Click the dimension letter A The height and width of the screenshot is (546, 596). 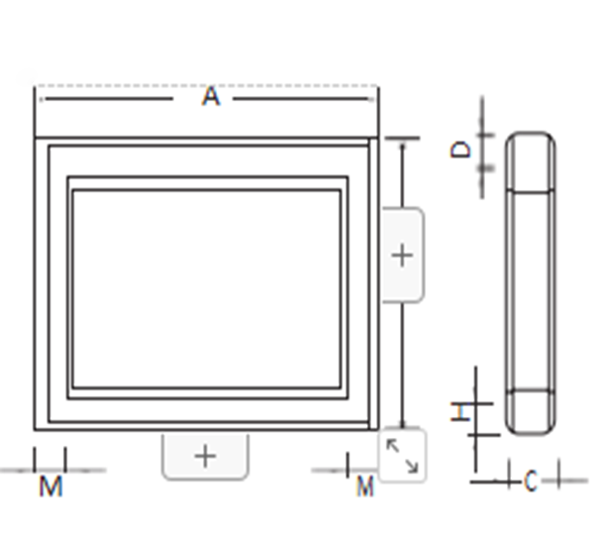click(x=210, y=97)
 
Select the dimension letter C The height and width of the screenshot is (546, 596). click(x=530, y=482)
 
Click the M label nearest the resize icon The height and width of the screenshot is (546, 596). click(x=365, y=486)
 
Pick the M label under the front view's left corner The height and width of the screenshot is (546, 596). click(x=50, y=486)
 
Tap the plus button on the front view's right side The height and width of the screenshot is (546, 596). click(x=401, y=255)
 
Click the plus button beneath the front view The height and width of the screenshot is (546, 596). click(x=205, y=456)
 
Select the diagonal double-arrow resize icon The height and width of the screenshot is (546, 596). click(x=402, y=455)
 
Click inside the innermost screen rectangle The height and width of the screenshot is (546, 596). click(x=206, y=287)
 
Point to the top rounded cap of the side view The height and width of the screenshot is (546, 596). click(x=530, y=161)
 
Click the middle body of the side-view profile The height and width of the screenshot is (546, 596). click(x=530, y=287)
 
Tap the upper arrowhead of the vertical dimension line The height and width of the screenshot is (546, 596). click(x=402, y=146)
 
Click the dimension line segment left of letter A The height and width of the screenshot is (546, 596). click(x=109, y=97)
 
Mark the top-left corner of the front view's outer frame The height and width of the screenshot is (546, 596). click(x=36, y=139)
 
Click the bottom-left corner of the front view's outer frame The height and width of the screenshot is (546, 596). click(x=36, y=429)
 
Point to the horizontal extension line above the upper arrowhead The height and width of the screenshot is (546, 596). click(x=402, y=138)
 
